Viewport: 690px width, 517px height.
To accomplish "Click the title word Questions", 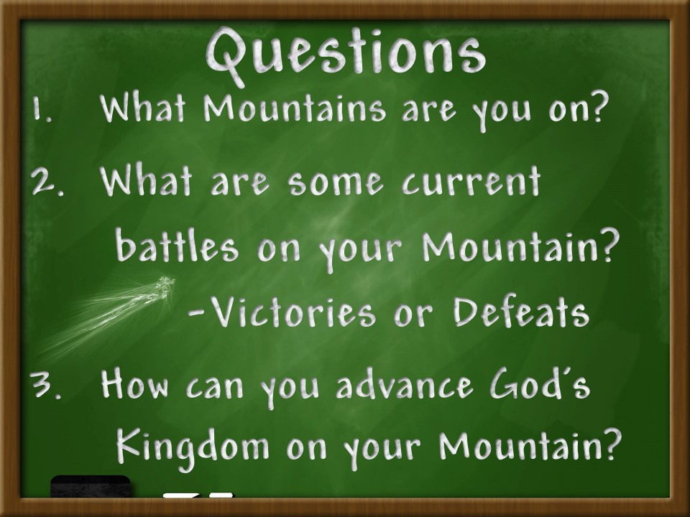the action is [346, 55].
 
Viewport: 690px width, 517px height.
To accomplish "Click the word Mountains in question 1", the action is [295, 108].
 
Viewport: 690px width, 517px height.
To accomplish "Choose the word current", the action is [471, 181].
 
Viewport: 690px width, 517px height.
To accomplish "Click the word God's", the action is [540, 383].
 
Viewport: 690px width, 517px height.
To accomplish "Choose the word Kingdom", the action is [193, 445].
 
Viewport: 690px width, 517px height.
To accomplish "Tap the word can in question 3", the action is [214, 387].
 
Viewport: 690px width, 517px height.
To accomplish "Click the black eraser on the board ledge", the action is [91, 486].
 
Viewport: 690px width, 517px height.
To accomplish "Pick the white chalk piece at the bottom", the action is [198, 495].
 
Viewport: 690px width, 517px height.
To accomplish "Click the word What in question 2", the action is [146, 180].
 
